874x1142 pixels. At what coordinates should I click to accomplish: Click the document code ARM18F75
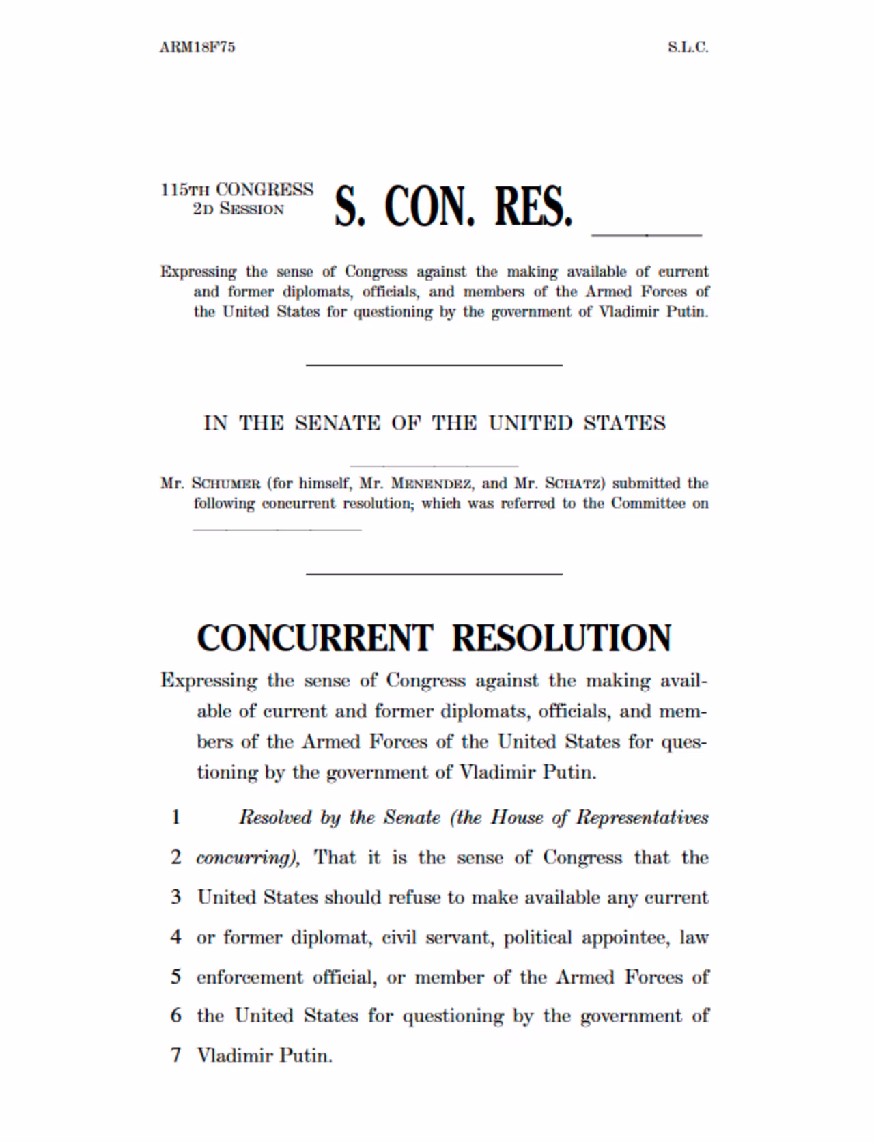click(197, 47)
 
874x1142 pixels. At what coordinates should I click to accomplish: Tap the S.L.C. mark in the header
click(688, 47)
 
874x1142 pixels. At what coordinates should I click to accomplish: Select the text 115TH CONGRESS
click(237, 189)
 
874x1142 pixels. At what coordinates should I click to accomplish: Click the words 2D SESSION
click(238, 209)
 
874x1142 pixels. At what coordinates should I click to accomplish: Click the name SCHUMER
click(226, 484)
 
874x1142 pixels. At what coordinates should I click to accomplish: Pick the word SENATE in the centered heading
click(337, 423)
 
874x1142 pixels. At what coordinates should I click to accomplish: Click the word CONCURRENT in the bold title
click(315, 638)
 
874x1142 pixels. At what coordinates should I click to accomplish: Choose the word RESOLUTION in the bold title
click(561, 638)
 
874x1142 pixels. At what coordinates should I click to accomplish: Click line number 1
click(175, 817)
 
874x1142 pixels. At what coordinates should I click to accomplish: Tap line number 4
click(175, 936)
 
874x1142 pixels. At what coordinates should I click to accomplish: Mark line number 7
click(175, 1055)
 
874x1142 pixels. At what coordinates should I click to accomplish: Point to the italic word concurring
click(247, 857)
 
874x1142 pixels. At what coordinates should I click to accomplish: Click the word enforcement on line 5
click(249, 977)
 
